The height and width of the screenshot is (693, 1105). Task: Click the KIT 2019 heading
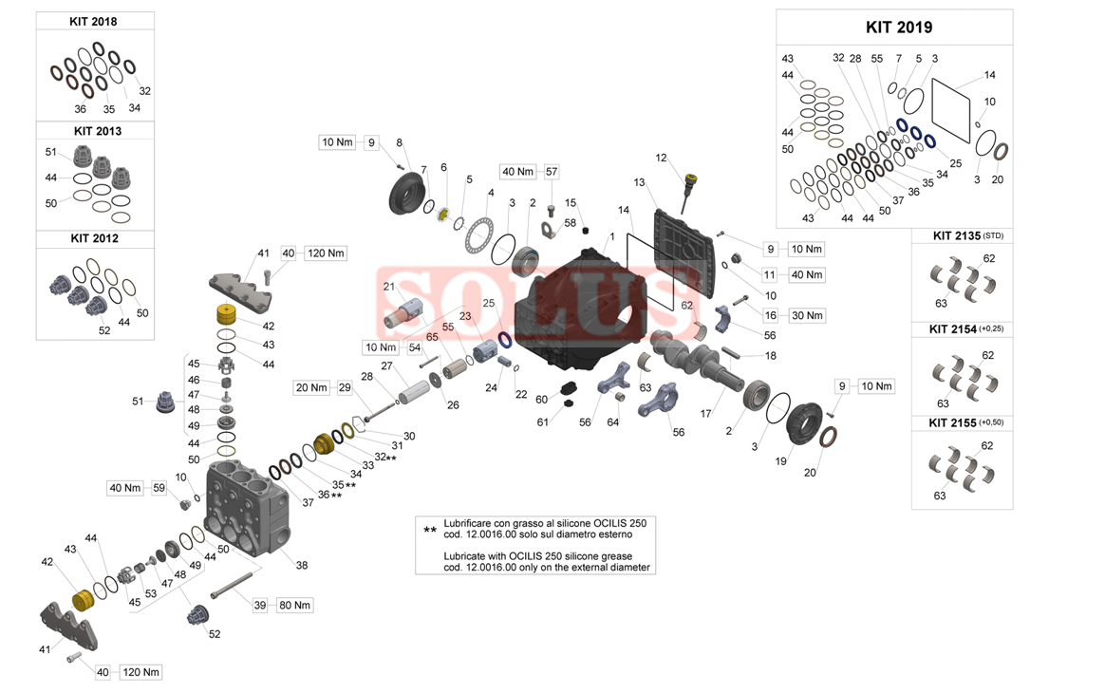[x=898, y=27]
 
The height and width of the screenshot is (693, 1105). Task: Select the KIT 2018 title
[x=93, y=21]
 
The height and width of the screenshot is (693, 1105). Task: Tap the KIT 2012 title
[x=93, y=238]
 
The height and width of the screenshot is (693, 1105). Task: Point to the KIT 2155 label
[x=954, y=421]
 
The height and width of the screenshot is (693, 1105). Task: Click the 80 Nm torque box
[x=294, y=605]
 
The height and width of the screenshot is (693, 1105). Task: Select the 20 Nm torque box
[x=310, y=387]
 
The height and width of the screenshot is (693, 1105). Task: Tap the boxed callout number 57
[x=552, y=172]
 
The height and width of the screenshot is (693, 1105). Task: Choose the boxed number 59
[x=159, y=488]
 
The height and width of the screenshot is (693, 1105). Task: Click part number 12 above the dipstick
[x=662, y=158]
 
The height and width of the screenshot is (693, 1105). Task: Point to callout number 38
[x=302, y=565]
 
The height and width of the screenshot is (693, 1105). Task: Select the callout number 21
[x=388, y=286]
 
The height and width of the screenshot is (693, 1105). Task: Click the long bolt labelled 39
[x=231, y=585]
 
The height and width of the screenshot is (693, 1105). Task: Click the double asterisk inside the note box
[x=429, y=529]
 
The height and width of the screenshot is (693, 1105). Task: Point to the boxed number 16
[x=770, y=315]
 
